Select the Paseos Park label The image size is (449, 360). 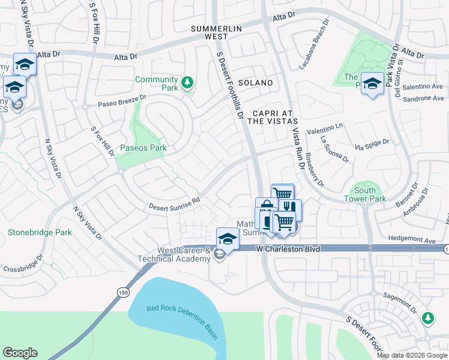143,148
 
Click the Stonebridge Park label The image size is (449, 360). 40,232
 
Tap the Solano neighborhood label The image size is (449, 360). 255,83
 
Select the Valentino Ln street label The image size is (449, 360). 324,129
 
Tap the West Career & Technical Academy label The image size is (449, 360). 184,254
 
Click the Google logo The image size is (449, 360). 20,353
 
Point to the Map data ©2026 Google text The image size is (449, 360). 412,355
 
